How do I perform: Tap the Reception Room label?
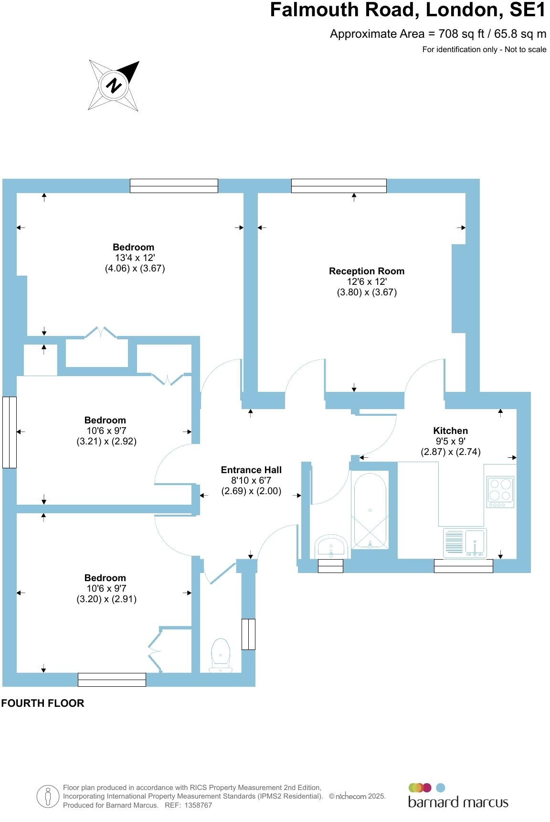pos(366,271)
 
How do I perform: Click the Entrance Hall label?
pos(251,470)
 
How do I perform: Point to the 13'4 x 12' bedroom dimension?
pos(135,258)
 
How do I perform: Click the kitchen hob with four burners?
pos(500,492)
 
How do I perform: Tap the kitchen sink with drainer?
pos(465,543)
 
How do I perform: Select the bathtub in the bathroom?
pos(370,510)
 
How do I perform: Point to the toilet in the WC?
pos(221,654)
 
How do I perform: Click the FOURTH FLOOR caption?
pos(43,703)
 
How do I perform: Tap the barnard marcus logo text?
pos(458,801)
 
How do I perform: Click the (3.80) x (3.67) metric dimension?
pos(367,292)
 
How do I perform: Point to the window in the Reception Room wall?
pos(338,185)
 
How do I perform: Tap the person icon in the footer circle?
pos(48,797)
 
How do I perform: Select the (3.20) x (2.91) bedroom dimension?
pos(106,599)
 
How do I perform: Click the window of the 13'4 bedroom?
pos(174,185)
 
